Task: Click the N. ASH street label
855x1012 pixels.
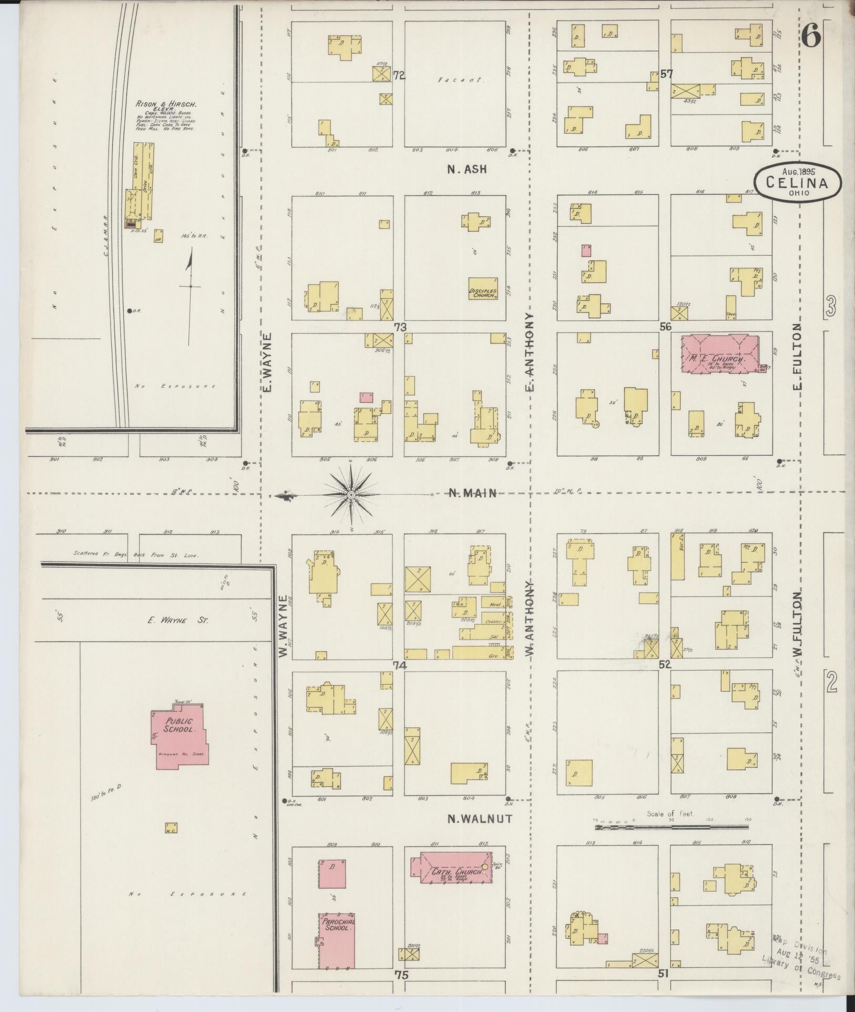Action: [467, 169]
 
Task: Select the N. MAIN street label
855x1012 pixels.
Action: [472, 493]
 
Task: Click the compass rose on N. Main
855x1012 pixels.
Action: [351, 494]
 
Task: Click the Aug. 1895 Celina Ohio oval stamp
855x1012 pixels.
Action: [797, 182]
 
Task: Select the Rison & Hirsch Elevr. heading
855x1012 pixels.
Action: [164, 105]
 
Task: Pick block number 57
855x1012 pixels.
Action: [666, 74]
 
